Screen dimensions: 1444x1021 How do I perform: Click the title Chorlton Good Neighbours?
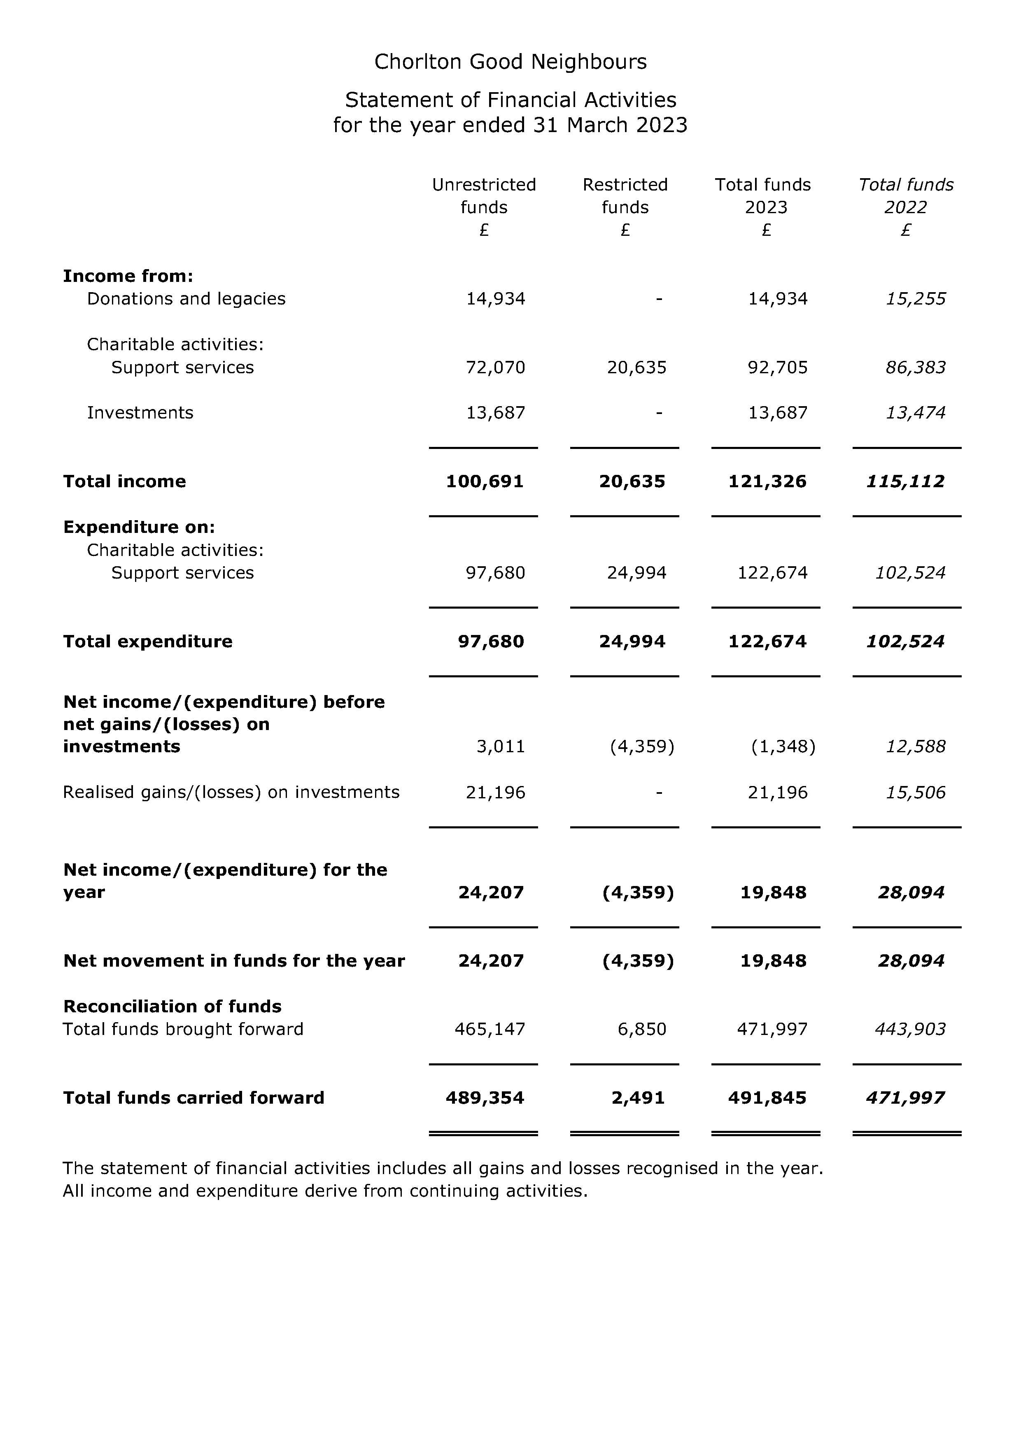(510, 62)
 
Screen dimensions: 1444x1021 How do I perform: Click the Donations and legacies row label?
(186, 299)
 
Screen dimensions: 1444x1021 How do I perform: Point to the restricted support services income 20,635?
(636, 367)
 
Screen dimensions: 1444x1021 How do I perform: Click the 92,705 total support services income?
(778, 367)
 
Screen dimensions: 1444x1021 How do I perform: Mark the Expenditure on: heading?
(139, 527)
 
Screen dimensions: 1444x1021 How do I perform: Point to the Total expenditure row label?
(148, 642)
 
